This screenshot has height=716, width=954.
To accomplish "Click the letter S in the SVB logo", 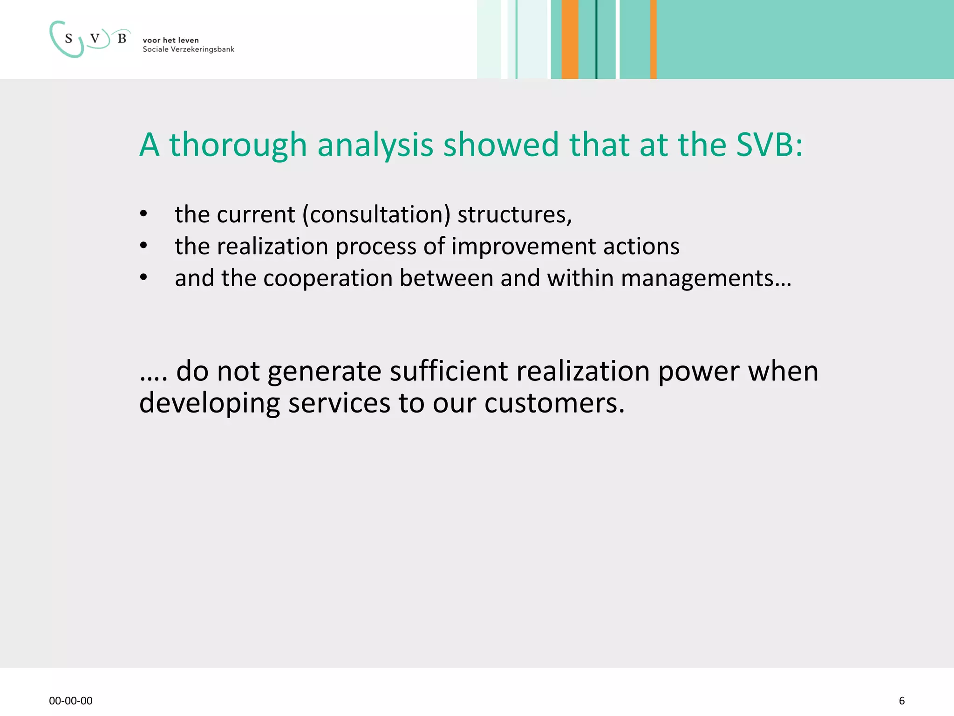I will pos(69,39).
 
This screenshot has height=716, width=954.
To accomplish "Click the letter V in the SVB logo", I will pos(95,39).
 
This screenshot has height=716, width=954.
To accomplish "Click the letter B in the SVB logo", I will pos(122,39).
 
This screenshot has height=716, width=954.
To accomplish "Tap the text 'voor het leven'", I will pos(170,40).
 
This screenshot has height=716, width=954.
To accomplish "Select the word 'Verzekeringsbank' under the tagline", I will pos(202,49).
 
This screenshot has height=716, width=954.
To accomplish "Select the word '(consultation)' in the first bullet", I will pos(376,215).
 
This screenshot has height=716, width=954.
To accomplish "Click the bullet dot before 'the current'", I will pos(143,214).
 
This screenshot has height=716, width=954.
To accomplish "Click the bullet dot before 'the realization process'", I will pos(143,246).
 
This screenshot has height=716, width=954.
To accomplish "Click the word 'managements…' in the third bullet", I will pos(706,278).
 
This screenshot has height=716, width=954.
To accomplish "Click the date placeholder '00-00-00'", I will pos(71,701).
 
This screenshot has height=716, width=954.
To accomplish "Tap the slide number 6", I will pos(902,701).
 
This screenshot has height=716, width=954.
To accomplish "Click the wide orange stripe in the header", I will pos(570,39).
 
